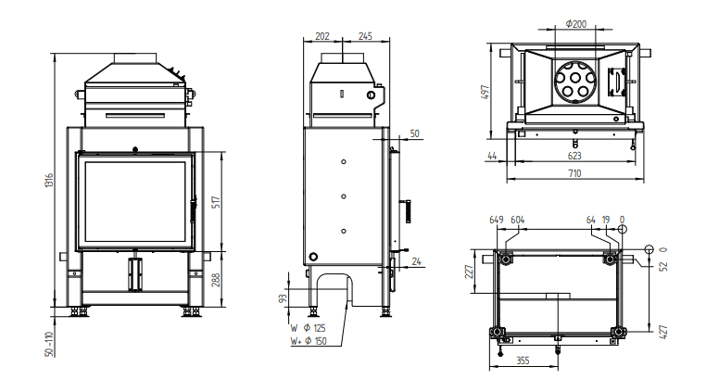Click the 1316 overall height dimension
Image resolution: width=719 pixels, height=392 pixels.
(x=49, y=180)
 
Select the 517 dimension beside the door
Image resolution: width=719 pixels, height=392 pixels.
(x=217, y=202)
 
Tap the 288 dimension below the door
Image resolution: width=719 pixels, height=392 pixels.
(x=217, y=280)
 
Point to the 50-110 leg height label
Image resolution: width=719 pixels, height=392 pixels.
(x=49, y=344)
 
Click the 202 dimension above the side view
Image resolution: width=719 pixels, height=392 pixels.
(x=322, y=36)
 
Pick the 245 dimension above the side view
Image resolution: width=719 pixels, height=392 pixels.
(x=365, y=36)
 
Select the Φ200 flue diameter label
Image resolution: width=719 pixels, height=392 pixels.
(x=576, y=24)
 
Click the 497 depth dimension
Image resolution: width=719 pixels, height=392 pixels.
(x=486, y=92)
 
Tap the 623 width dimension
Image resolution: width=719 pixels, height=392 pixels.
(x=574, y=156)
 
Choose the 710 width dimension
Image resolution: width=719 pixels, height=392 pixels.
(x=574, y=173)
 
